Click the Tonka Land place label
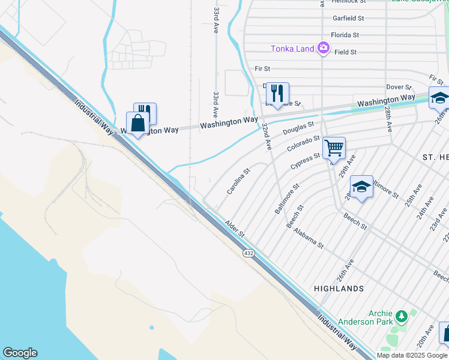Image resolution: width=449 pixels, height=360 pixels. (x=292, y=49)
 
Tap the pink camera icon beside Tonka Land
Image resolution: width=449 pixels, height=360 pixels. (x=324, y=47)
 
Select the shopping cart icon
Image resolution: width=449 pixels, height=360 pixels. (x=334, y=147)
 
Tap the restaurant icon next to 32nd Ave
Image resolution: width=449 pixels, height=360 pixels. (x=277, y=92)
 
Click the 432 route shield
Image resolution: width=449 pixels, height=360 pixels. (x=249, y=254)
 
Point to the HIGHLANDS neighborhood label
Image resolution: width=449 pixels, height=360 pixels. (x=339, y=289)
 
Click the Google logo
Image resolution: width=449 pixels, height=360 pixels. (x=20, y=353)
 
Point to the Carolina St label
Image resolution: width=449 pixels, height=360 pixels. (x=238, y=181)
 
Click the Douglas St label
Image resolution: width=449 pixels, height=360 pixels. (x=298, y=128)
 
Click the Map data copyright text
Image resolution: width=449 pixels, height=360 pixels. (x=412, y=355)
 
